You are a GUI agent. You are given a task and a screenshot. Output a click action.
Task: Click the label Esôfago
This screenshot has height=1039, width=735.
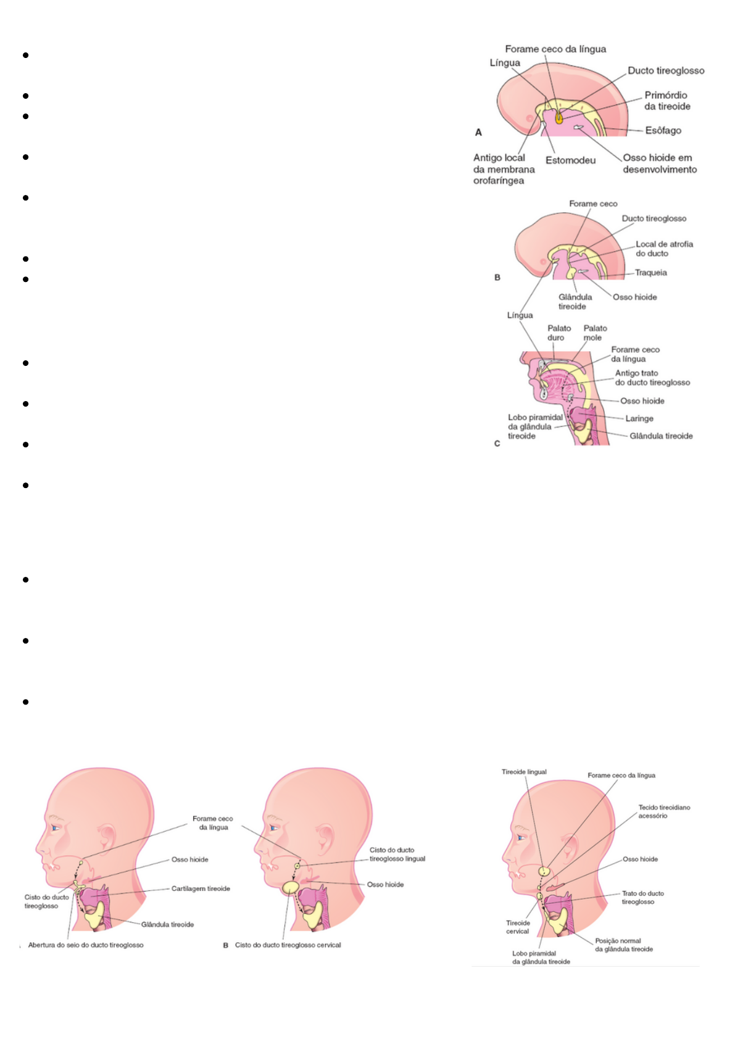click(x=663, y=130)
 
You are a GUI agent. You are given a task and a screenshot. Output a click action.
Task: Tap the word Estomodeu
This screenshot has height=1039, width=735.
click(x=570, y=160)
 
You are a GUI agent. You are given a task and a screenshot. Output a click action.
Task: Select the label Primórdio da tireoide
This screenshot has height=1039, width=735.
click(x=667, y=101)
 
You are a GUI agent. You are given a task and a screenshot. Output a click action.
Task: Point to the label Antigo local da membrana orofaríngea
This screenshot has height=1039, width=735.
click(x=504, y=169)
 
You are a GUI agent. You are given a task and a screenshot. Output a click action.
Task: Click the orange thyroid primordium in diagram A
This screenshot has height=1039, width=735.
click(x=559, y=117)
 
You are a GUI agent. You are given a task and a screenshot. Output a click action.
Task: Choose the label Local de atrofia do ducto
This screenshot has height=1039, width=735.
click(x=664, y=249)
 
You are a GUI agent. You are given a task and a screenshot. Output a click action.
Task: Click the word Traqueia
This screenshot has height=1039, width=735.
click(x=650, y=273)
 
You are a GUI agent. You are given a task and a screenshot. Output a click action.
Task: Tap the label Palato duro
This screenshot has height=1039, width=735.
click(x=559, y=333)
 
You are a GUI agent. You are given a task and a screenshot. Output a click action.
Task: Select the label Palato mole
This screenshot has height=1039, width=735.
click(x=595, y=333)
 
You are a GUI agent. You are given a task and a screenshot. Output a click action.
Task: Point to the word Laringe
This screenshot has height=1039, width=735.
click(x=639, y=418)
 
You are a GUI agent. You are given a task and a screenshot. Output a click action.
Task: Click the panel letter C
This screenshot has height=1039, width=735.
click(x=497, y=444)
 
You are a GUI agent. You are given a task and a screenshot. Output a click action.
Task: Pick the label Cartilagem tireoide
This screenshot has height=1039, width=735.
click(x=201, y=888)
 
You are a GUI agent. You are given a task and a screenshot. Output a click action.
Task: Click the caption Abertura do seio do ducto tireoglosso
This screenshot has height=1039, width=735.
click(x=86, y=945)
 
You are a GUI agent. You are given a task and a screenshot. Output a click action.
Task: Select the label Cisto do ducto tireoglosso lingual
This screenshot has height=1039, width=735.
click(x=397, y=855)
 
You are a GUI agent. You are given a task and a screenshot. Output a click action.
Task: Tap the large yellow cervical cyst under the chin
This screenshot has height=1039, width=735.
click(x=291, y=887)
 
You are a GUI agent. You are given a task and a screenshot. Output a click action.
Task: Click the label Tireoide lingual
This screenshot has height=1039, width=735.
click(x=523, y=772)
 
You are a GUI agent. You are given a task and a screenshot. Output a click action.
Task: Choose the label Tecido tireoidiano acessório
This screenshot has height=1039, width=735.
click(x=664, y=811)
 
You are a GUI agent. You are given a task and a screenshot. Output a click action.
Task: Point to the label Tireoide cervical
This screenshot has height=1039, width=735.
click(x=518, y=927)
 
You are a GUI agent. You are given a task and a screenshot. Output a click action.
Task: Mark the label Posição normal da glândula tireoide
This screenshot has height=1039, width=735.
click(x=623, y=945)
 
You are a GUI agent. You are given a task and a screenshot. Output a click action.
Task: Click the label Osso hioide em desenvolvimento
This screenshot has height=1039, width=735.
click(x=659, y=164)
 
